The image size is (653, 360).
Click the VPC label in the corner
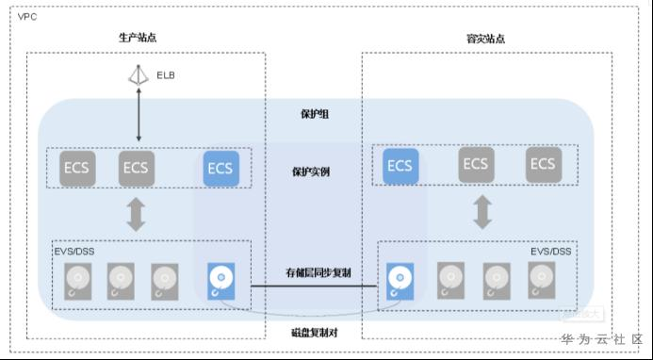(x=27, y=17)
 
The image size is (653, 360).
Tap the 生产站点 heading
(x=138, y=38)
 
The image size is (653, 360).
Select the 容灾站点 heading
(x=485, y=39)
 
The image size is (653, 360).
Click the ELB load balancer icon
(x=139, y=75)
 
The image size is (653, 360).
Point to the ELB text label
(x=166, y=75)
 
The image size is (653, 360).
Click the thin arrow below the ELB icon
(x=139, y=114)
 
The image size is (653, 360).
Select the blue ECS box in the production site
(x=221, y=169)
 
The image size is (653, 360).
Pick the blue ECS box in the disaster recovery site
(x=400, y=166)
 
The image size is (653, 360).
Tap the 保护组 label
(x=315, y=114)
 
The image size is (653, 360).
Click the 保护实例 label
(x=311, y=172)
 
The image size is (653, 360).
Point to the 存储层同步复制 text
(x=318, y=273)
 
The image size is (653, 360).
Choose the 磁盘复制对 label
(x=315, y=333)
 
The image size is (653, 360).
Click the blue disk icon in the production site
(x=221, y=281)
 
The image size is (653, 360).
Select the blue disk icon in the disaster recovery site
(x=400, y=281)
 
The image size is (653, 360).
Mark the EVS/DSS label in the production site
(x=74, y=252)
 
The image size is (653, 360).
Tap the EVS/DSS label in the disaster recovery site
(x=551, y=252)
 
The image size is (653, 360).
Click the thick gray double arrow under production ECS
(x=137, y=214)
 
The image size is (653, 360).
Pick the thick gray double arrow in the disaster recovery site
(x=483, y=212)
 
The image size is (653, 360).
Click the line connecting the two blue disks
(x=314, y=286)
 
